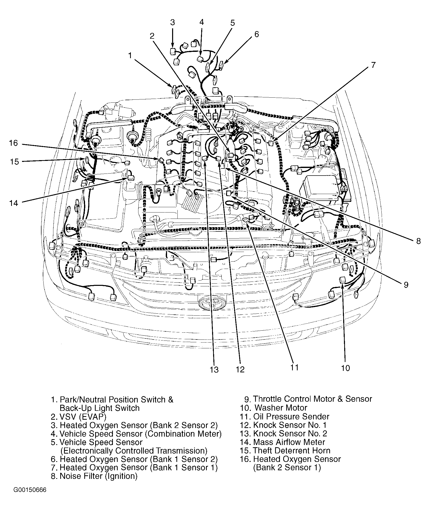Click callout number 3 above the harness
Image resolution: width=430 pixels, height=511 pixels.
[172, 23]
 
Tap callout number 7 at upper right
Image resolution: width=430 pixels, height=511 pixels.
[373, 65]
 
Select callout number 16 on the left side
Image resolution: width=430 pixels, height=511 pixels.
[14, 143]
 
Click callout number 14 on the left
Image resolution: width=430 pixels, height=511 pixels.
[14, 203]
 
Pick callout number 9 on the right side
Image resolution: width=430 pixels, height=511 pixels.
[406, 285]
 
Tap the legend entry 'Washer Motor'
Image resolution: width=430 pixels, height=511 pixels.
[281, 408]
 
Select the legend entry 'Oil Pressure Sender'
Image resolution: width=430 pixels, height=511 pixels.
[291, 416]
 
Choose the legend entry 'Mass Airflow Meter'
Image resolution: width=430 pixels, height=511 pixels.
[289, 442]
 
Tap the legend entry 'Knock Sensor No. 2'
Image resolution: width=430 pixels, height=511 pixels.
[290, 433]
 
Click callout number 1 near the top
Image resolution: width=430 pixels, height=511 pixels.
[130, 55]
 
